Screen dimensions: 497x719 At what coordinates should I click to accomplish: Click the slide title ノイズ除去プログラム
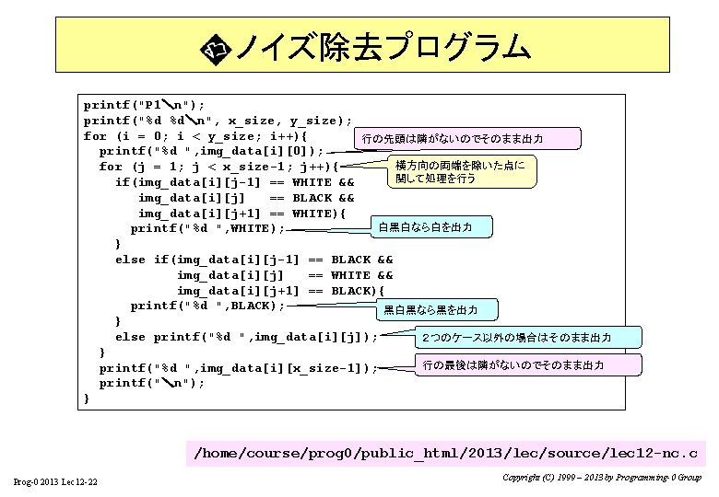click(x=383, y=46)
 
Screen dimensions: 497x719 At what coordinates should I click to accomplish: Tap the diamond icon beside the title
click(x=217, y=47)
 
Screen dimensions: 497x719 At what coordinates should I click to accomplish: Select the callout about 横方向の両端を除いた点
click(x=458, y=172)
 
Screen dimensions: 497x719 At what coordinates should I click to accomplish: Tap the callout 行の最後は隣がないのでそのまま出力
click(x=513, y=365)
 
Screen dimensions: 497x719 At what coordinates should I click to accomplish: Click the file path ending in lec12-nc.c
click(x=445, y=453)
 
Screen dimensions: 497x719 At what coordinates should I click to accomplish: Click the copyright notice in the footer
click(x=602, y=478)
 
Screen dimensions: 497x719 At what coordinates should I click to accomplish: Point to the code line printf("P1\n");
click(x=144, y=105)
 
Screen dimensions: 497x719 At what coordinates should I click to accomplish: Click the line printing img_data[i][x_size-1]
click(x=238, y=367)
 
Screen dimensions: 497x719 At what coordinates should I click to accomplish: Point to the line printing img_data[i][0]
click(x=211, y=151)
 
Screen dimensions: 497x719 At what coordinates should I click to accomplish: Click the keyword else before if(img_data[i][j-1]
click(x=130, y=260)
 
